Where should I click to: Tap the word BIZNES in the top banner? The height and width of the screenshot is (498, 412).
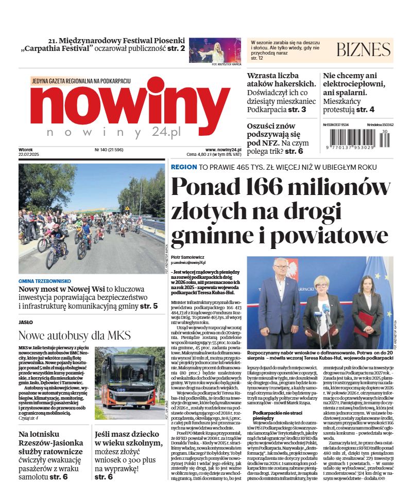[363, 49]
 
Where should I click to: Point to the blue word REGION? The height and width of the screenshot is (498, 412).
[183, 167]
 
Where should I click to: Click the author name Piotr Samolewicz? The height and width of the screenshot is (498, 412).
[188, 256]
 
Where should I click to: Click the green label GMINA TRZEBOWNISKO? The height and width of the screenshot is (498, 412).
[44, 281]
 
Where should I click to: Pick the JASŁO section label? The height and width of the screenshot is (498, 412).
[26, 322]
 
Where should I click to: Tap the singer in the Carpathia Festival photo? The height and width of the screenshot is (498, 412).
[216, 50]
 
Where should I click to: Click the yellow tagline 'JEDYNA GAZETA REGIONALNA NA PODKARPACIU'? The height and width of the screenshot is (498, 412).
[81, 81]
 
